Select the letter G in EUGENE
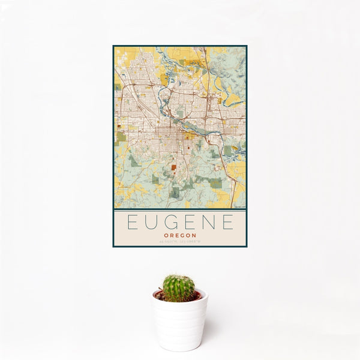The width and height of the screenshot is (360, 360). [171, 223]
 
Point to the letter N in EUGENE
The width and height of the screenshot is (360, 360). [208, 223]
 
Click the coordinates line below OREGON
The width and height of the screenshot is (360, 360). [180, 242]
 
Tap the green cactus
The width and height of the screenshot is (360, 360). [179, 287]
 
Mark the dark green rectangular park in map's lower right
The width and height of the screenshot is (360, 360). [217, 184]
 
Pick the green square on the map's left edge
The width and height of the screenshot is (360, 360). [121, 137]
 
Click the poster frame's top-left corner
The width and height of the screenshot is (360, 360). [113, 46]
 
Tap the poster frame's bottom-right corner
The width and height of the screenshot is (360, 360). [247, 247]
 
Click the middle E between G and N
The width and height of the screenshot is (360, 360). [190, 223]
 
